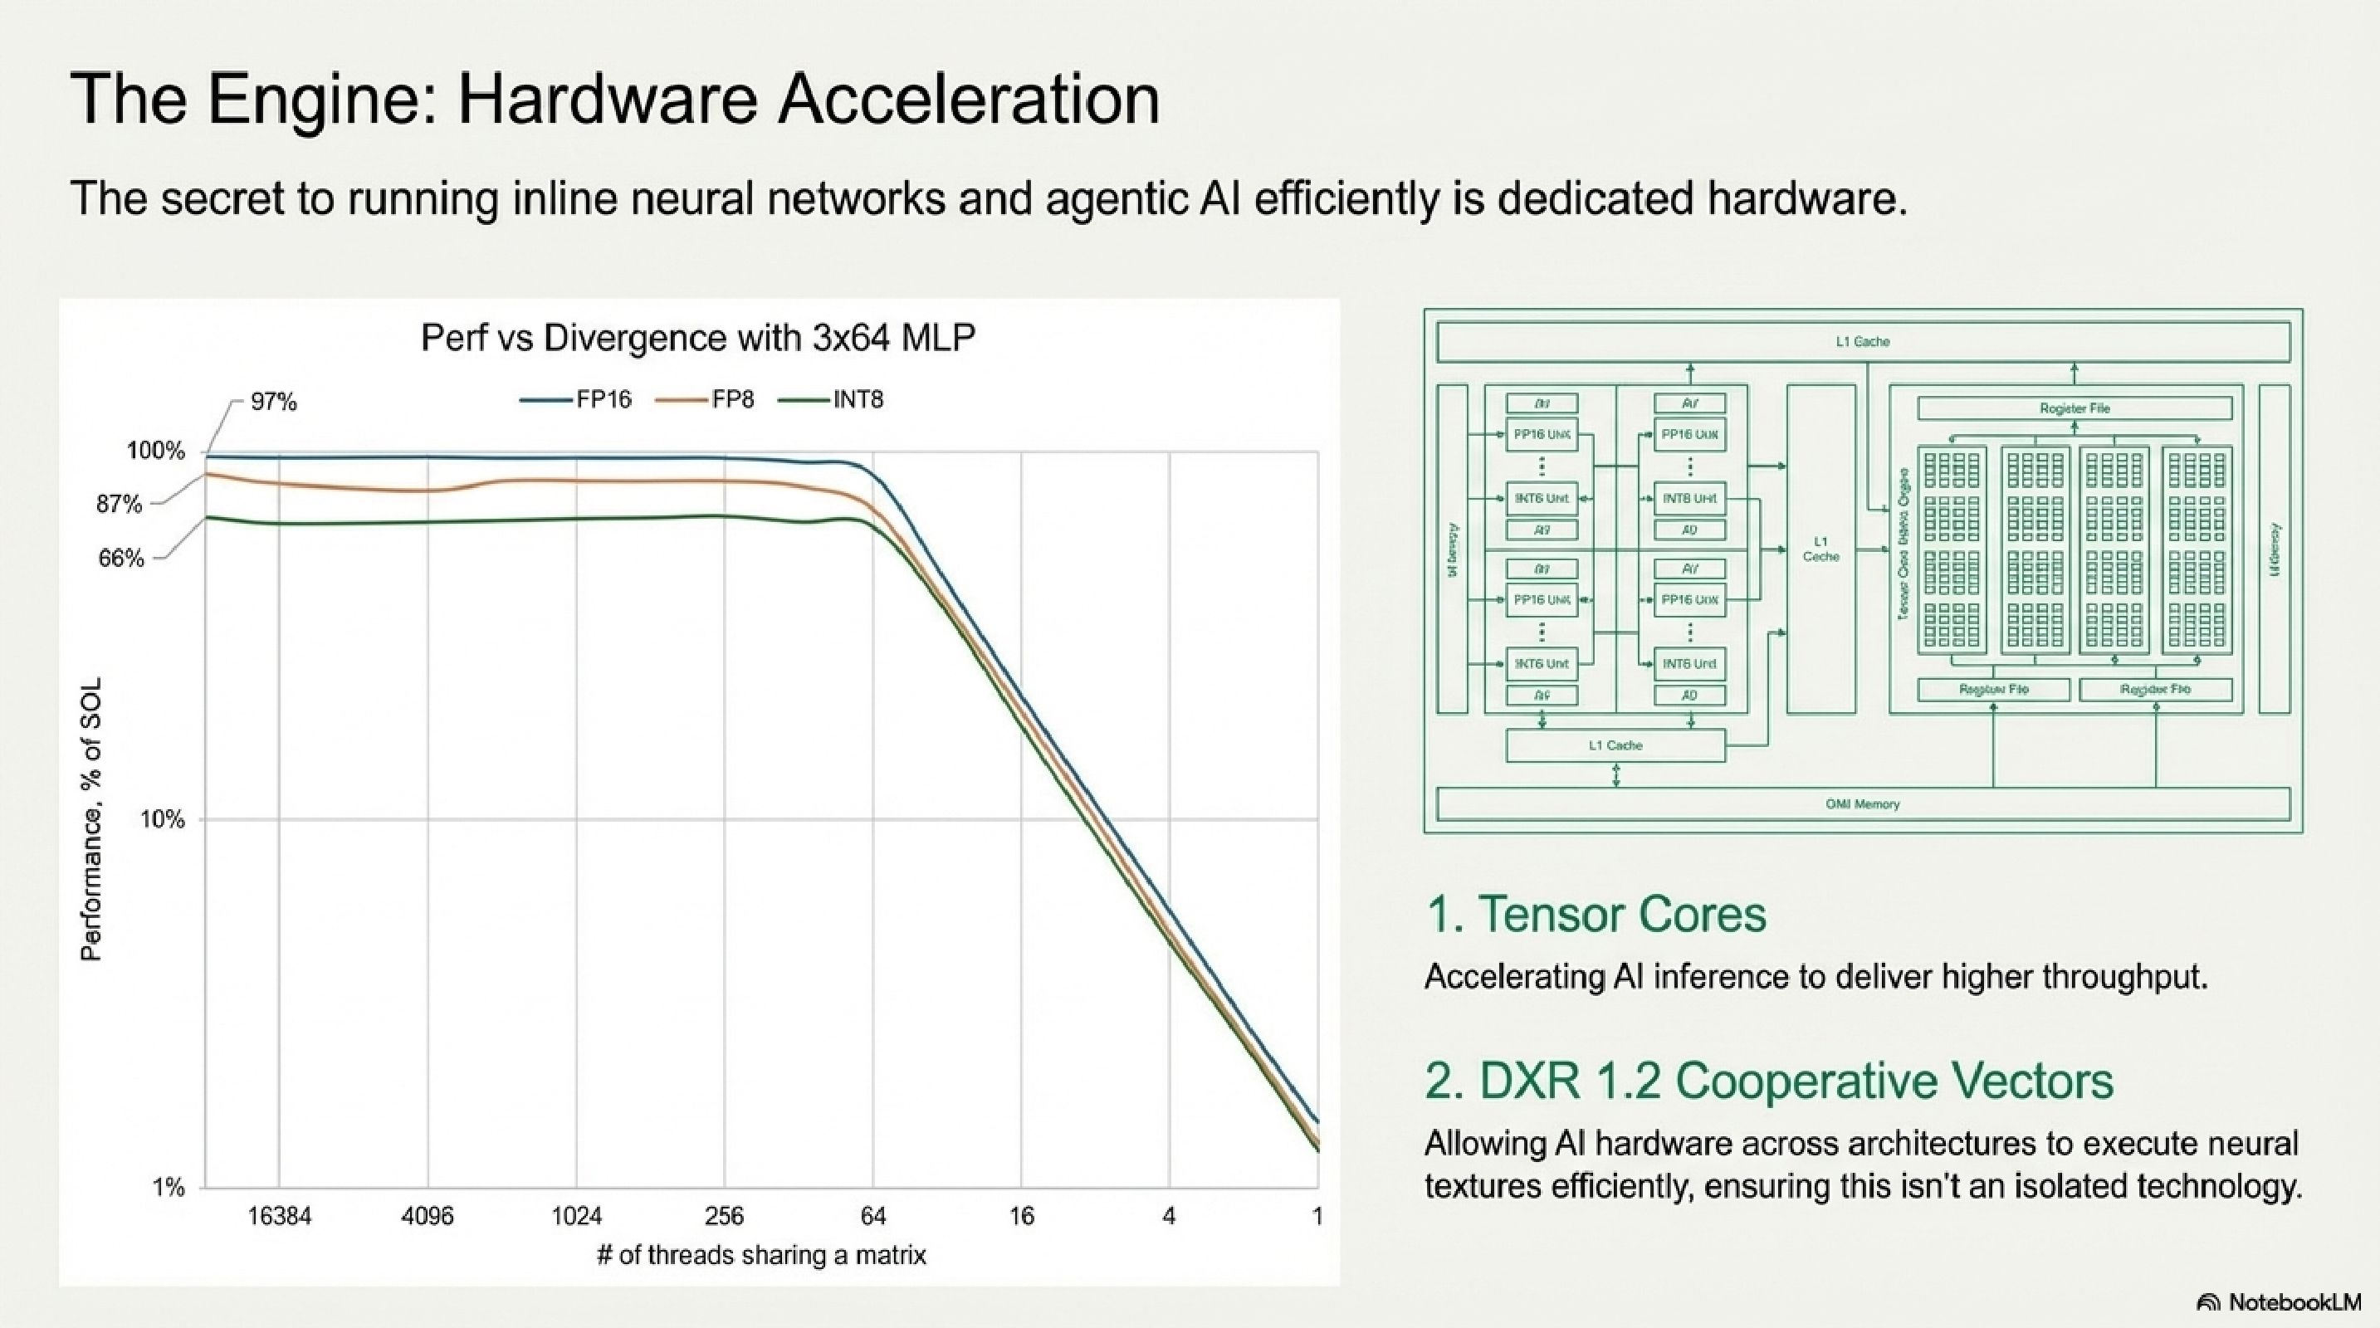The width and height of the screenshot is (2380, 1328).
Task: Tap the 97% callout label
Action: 273,402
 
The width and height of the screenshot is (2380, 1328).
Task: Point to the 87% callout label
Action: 120,505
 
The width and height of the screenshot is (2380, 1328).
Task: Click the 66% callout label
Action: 121,559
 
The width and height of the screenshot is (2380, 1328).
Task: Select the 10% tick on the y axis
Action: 162,819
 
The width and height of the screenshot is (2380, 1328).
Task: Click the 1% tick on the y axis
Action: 169,1187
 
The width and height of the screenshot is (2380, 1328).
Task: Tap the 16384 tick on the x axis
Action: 279,1216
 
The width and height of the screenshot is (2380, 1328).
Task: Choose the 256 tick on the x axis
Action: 725,1216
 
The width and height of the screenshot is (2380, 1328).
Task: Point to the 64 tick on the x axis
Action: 873,1216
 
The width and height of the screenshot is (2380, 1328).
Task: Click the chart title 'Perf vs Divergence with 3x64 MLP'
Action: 697,338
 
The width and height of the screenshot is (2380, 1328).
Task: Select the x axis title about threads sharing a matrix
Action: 761,1255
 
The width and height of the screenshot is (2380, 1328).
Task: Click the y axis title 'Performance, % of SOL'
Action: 91,818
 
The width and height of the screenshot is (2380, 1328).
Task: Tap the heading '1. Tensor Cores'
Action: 1596,915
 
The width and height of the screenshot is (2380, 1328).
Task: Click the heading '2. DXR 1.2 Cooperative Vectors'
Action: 1768,1081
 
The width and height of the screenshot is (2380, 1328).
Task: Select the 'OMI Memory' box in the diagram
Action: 1862,804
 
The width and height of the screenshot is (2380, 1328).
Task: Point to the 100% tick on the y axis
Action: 155,452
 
